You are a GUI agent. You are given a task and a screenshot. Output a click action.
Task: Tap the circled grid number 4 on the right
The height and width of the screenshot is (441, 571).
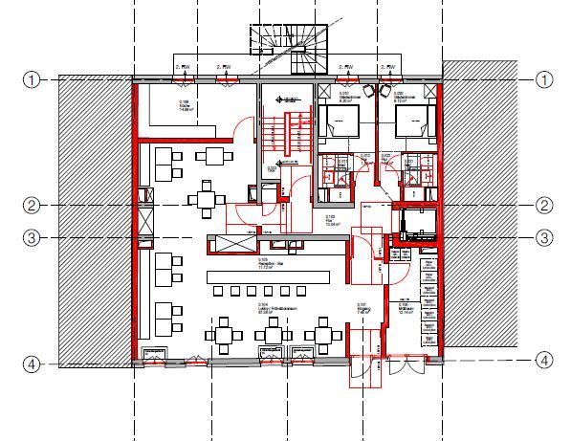click(544, 361)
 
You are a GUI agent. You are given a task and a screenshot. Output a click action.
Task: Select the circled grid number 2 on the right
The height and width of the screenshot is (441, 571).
click(544, 205)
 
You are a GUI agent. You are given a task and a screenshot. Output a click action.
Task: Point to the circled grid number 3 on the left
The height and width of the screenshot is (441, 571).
click(32, 237)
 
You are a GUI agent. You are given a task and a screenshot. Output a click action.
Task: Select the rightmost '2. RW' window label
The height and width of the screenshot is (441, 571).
click(389, 66)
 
